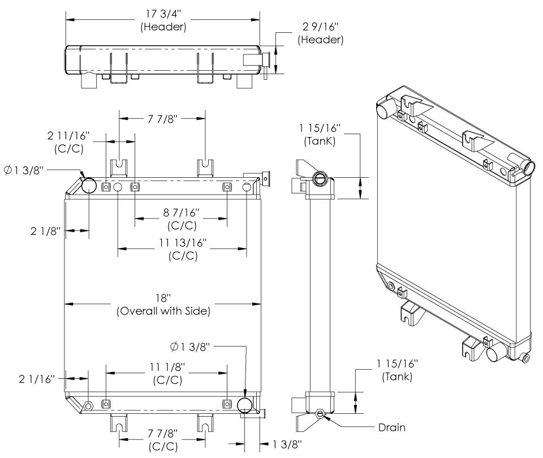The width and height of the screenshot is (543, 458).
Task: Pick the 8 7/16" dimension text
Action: coord(183,212)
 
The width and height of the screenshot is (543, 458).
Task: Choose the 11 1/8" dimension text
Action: coord(167,369)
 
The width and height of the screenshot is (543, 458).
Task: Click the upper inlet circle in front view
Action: coord(89,185)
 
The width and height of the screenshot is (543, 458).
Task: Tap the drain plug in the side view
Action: coord(320,414)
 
